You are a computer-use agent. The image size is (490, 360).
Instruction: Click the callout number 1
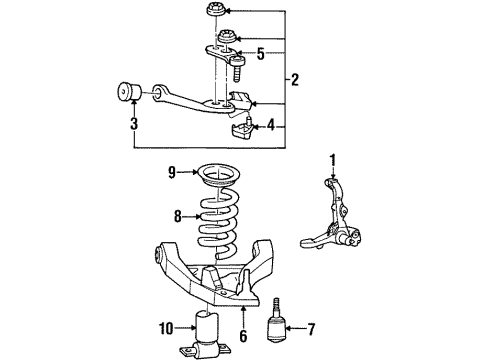333,161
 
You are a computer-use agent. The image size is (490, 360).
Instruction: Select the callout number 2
295,80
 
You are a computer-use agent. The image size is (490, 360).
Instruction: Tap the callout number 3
134,124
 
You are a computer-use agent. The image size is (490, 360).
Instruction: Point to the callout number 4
271,126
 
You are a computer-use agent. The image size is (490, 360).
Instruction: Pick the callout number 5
261,54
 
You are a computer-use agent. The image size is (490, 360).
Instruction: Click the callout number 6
243,336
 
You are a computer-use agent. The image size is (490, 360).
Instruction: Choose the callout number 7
311,329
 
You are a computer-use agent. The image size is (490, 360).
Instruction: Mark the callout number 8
178,217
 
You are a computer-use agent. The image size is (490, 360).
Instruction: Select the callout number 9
172,172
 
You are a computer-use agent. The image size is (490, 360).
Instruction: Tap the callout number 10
166,329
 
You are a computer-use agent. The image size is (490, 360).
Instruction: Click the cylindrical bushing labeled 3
130,90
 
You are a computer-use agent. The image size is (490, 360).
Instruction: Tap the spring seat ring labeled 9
218,176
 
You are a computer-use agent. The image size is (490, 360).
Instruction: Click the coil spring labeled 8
218,223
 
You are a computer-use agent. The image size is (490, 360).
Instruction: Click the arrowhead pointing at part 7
287,329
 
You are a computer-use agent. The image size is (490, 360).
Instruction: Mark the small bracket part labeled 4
243,130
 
